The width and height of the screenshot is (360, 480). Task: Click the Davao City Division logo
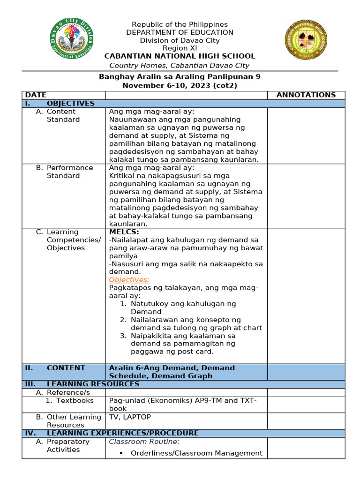71,39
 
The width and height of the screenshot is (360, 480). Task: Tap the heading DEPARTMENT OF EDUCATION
180,32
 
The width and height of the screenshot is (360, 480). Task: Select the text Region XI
180,48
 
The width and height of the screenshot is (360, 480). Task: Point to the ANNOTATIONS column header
306,95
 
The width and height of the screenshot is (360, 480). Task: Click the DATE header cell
36,95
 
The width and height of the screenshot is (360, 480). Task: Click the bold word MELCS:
124,232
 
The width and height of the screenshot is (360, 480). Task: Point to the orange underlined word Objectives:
129,280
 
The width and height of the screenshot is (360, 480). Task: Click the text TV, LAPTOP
130,417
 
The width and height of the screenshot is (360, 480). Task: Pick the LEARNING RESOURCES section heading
93,384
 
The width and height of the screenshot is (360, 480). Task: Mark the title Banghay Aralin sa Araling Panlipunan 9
180,77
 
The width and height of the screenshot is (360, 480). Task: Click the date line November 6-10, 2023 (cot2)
180,85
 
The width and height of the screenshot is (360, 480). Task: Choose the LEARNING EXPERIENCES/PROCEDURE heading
122,433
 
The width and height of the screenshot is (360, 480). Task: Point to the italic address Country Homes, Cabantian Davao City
180,66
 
